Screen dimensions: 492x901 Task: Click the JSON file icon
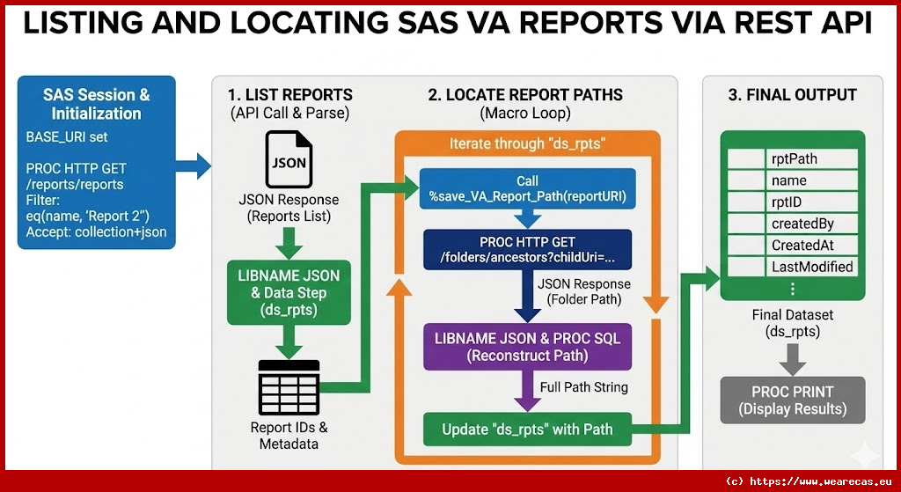pyautogui.click(x=289, y=161)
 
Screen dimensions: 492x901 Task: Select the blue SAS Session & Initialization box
pyautogui.click(x=97, y=164)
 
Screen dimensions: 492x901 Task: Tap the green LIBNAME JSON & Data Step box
pyautogui.click(x=289, y=291)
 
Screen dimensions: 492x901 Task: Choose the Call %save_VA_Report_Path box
pyautogui.click(x=527, y=189)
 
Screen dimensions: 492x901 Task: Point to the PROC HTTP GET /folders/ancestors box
pyautogui.click(x=527, y=250)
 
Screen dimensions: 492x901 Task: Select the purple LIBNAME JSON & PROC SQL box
pyautogui.click(x=527, y=347)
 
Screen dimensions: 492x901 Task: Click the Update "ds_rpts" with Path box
pyautogui.click(x=527, y=430)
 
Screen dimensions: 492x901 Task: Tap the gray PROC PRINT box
pyautogui.click(x=792, y=400)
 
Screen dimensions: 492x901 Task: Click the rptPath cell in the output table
pyautogui.click(x=812, y=159)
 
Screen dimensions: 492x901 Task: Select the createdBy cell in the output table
pyautogui.click(x=812, y=224)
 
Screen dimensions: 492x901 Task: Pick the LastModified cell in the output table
pyautogui.click(x=812, y=266)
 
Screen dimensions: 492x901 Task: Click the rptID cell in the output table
pyautogui.click(x=812, y=202)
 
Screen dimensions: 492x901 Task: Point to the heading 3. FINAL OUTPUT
pyautogui.click(x=792, y=95)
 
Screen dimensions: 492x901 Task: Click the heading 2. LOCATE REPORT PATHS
pyautogui.click(x=525, y=95)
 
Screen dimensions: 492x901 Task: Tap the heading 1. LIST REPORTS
pyautogui.click(x=289, y=95)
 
